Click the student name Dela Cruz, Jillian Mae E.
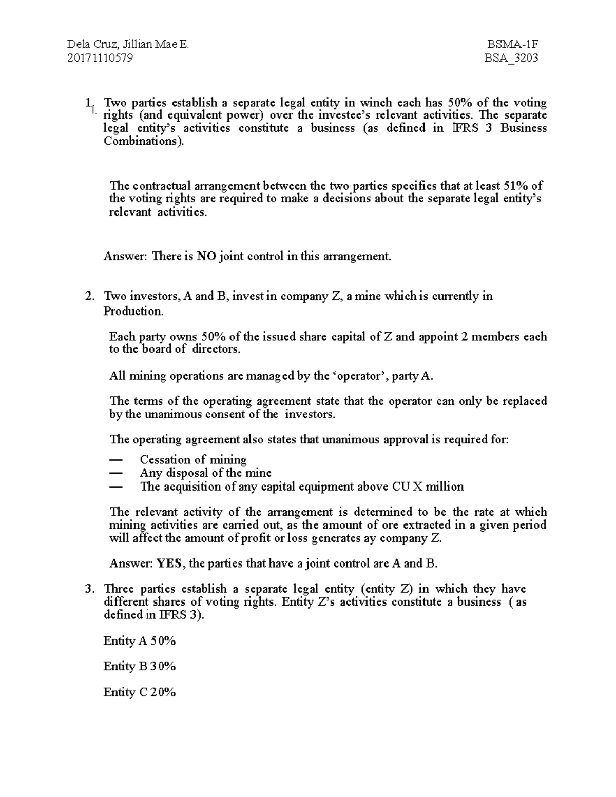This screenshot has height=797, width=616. click(128, 44)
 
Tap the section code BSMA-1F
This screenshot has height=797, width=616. click(512, 44)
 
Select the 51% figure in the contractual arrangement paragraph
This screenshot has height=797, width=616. click(516, 186)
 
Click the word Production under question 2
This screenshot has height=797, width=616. click(133, 311)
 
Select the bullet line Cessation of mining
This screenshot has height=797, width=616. click(193, 459)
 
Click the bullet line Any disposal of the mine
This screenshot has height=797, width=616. click(205, 473)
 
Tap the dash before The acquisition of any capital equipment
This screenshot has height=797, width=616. click(117, 487)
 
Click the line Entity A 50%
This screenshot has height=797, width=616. click(140, 640)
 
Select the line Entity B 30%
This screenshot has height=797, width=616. click(140, 666)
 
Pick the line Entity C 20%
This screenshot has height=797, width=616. click(140, 692)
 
